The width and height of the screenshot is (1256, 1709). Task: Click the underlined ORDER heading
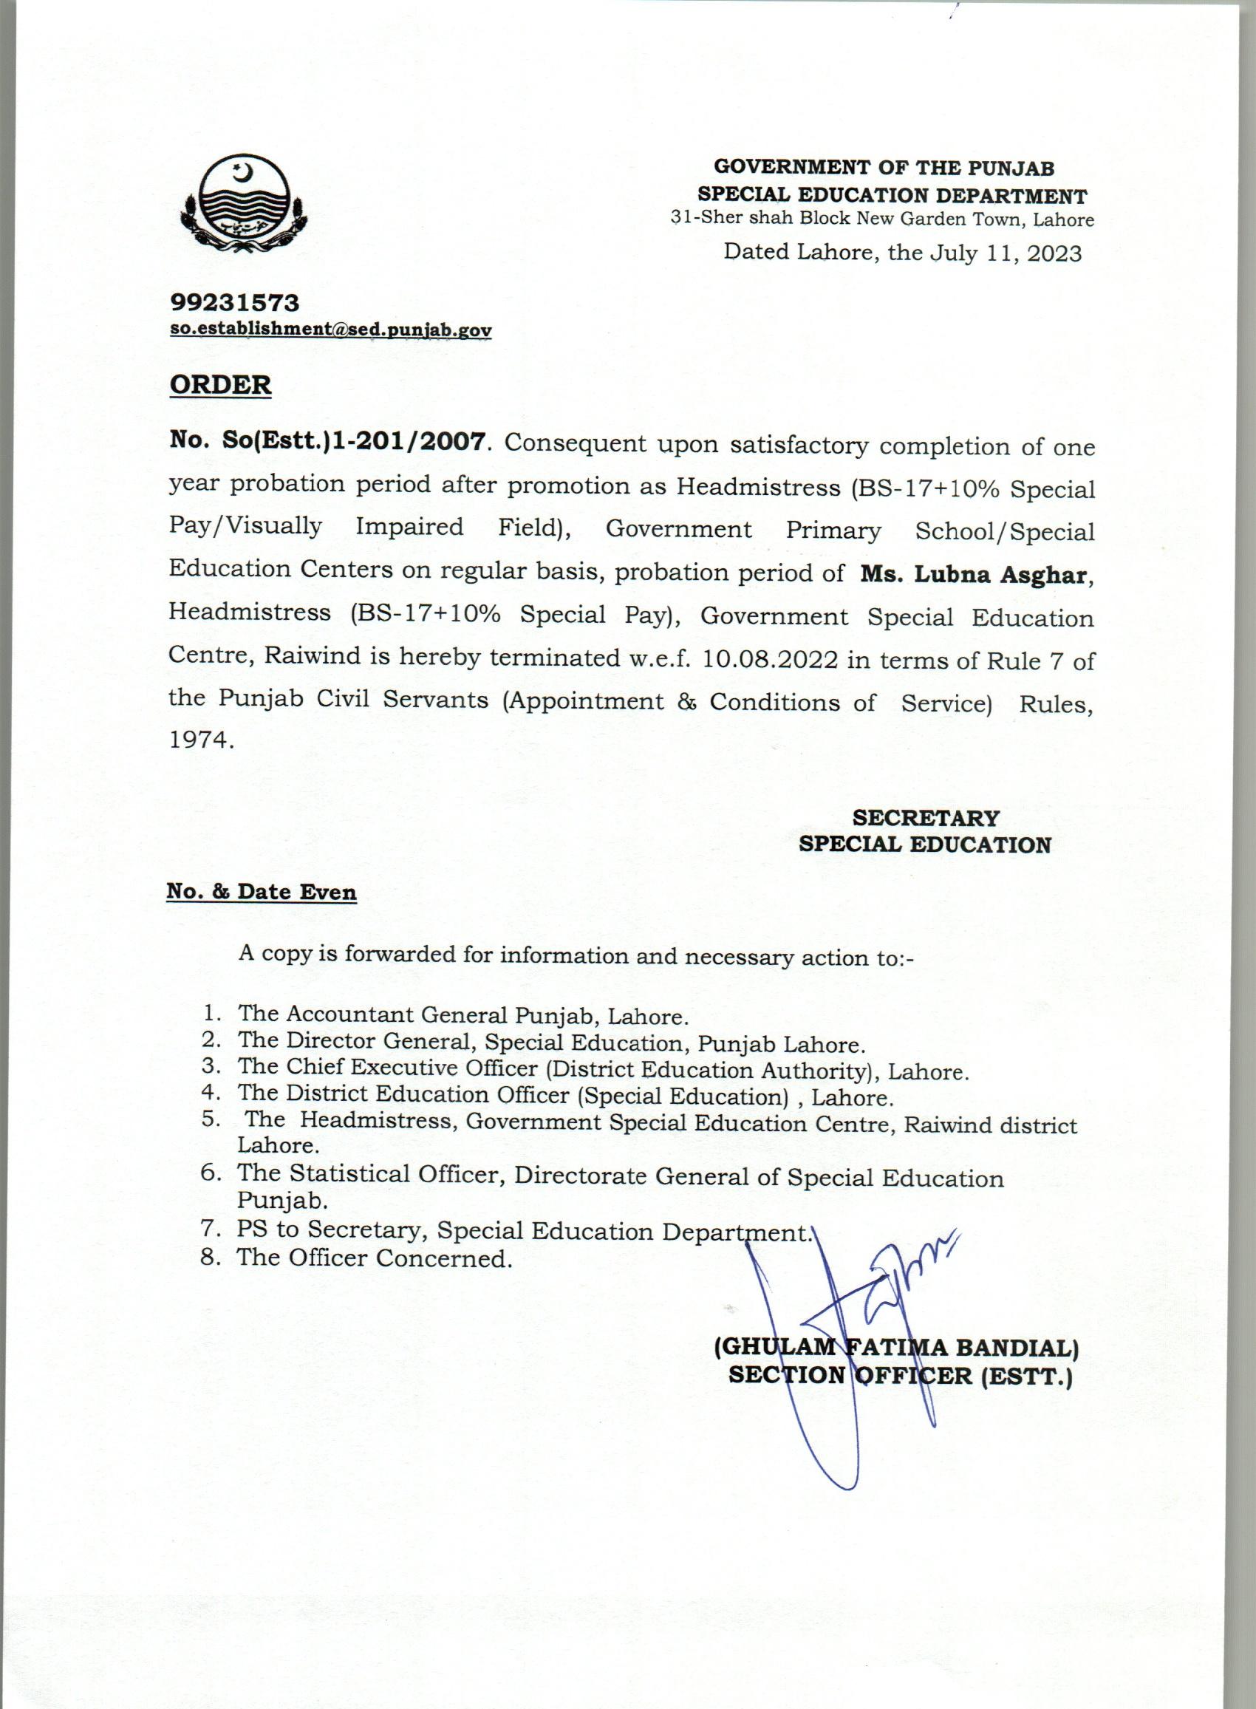219,385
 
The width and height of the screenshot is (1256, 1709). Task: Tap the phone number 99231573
234,304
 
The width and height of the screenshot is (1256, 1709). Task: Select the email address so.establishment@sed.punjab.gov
330,331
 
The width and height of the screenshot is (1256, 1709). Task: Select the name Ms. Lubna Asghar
976,574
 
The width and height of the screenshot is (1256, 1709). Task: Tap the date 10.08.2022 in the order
770,659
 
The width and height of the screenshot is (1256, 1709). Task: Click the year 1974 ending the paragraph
198,741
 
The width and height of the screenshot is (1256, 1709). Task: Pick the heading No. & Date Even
262,891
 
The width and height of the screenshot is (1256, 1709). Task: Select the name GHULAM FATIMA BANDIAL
896,1369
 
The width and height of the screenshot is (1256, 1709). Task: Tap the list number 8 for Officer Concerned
210,1258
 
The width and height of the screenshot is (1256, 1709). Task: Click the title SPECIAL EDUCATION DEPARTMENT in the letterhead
892,195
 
